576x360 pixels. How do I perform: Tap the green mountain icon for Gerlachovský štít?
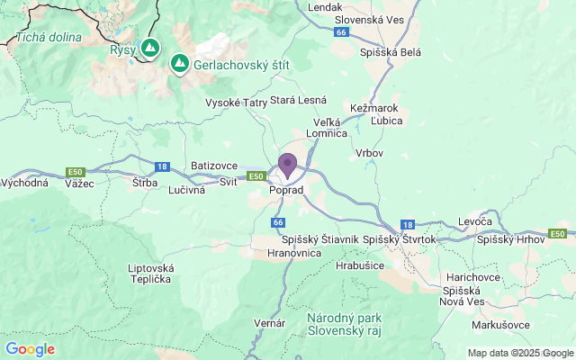pos(179,63)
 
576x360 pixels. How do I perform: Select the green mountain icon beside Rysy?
pos(149,48)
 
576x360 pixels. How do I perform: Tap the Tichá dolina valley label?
pos(49,38)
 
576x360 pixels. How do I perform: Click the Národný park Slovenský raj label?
pos(345,324)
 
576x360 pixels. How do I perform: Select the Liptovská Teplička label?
pos(149,274)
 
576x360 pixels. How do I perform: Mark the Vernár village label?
pos(270,322)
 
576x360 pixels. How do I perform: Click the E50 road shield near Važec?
pos(75,172)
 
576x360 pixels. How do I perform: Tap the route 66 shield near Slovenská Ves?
pos(339,32)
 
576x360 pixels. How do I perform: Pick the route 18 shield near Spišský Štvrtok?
pos(407,225)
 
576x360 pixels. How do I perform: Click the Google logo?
pos(30,349)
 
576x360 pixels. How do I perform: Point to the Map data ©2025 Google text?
pos(520,353)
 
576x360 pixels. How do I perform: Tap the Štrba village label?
pos(144,183)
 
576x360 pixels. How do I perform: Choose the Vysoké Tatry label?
pos(237,103)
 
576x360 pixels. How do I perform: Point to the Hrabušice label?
pos(360,266)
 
